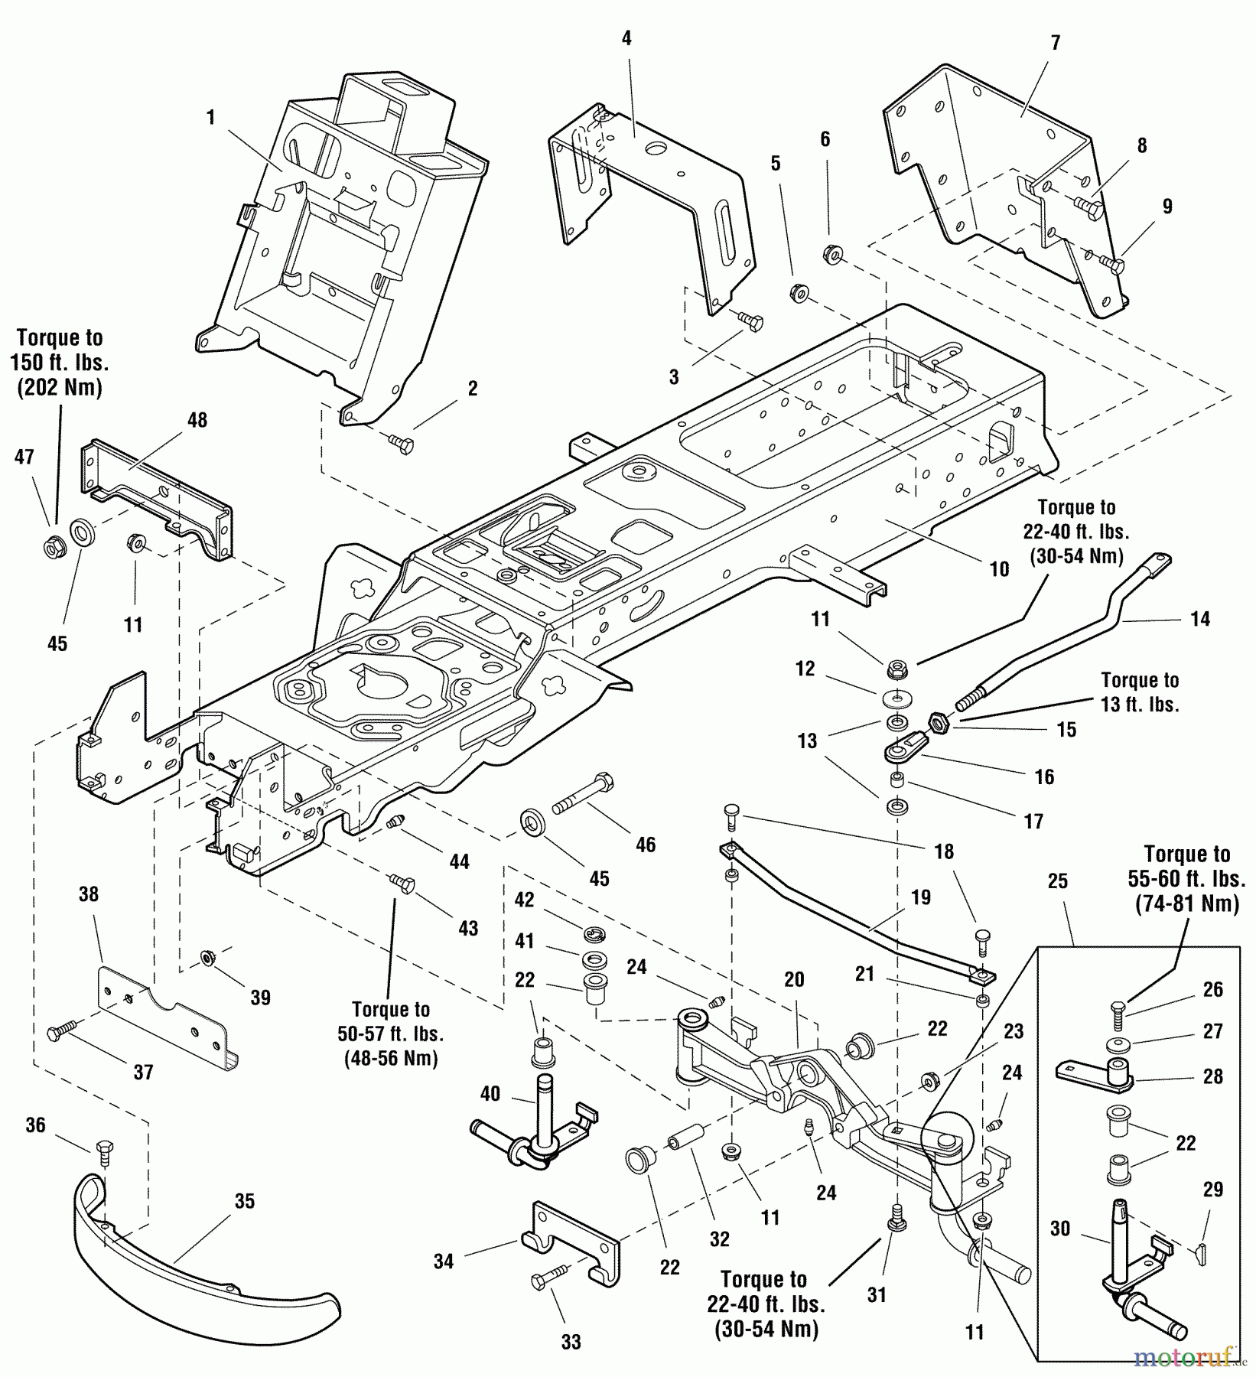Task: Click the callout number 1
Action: pyautogui.click(x=210, y=118)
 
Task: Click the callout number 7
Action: pyautogui.click(x=1056, y=43)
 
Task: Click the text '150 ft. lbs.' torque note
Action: pyautogui.click(x=59, y=363)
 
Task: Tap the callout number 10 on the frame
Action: pyautogui.click(x=999, y=569)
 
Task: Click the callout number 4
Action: pyautogui.click(x=626, y=37)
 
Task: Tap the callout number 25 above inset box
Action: pyautogui.click(x=1057, y=881)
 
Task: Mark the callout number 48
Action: pyautogui.click(x=197, y=420)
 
